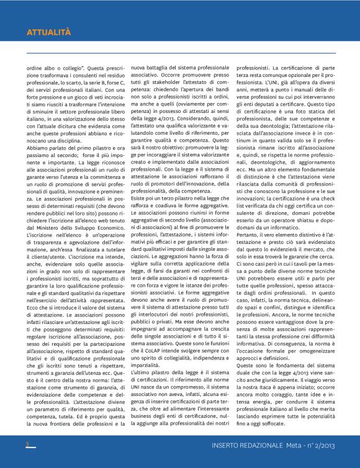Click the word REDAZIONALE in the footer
tap(258, 446)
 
